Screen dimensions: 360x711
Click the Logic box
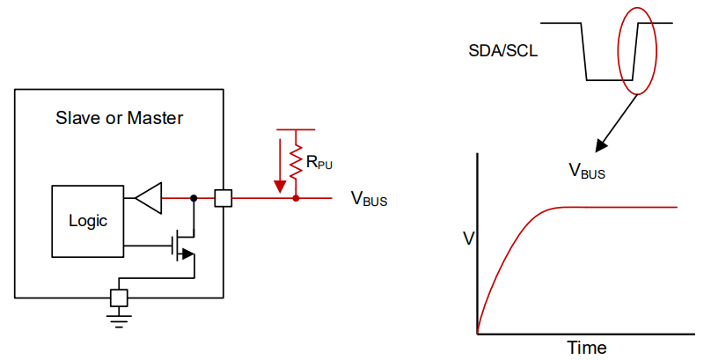click(87, 221)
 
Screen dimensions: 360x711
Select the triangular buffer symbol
click(149, 199)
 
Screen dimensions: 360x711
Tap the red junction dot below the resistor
click(297, 199)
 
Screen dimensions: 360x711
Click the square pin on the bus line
click(224, 199)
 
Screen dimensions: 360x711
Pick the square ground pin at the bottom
click(119, 298)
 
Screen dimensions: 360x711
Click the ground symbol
click(119, 319)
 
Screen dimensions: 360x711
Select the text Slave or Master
click(120, 118)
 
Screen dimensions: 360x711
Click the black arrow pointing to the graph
click(616, 123)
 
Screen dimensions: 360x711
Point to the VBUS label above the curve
click(586, 172)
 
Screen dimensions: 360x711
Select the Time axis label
click(586, 348)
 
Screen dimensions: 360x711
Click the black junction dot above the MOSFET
click(193, 199)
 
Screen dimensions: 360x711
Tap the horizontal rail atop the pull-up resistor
click(297, 129)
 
